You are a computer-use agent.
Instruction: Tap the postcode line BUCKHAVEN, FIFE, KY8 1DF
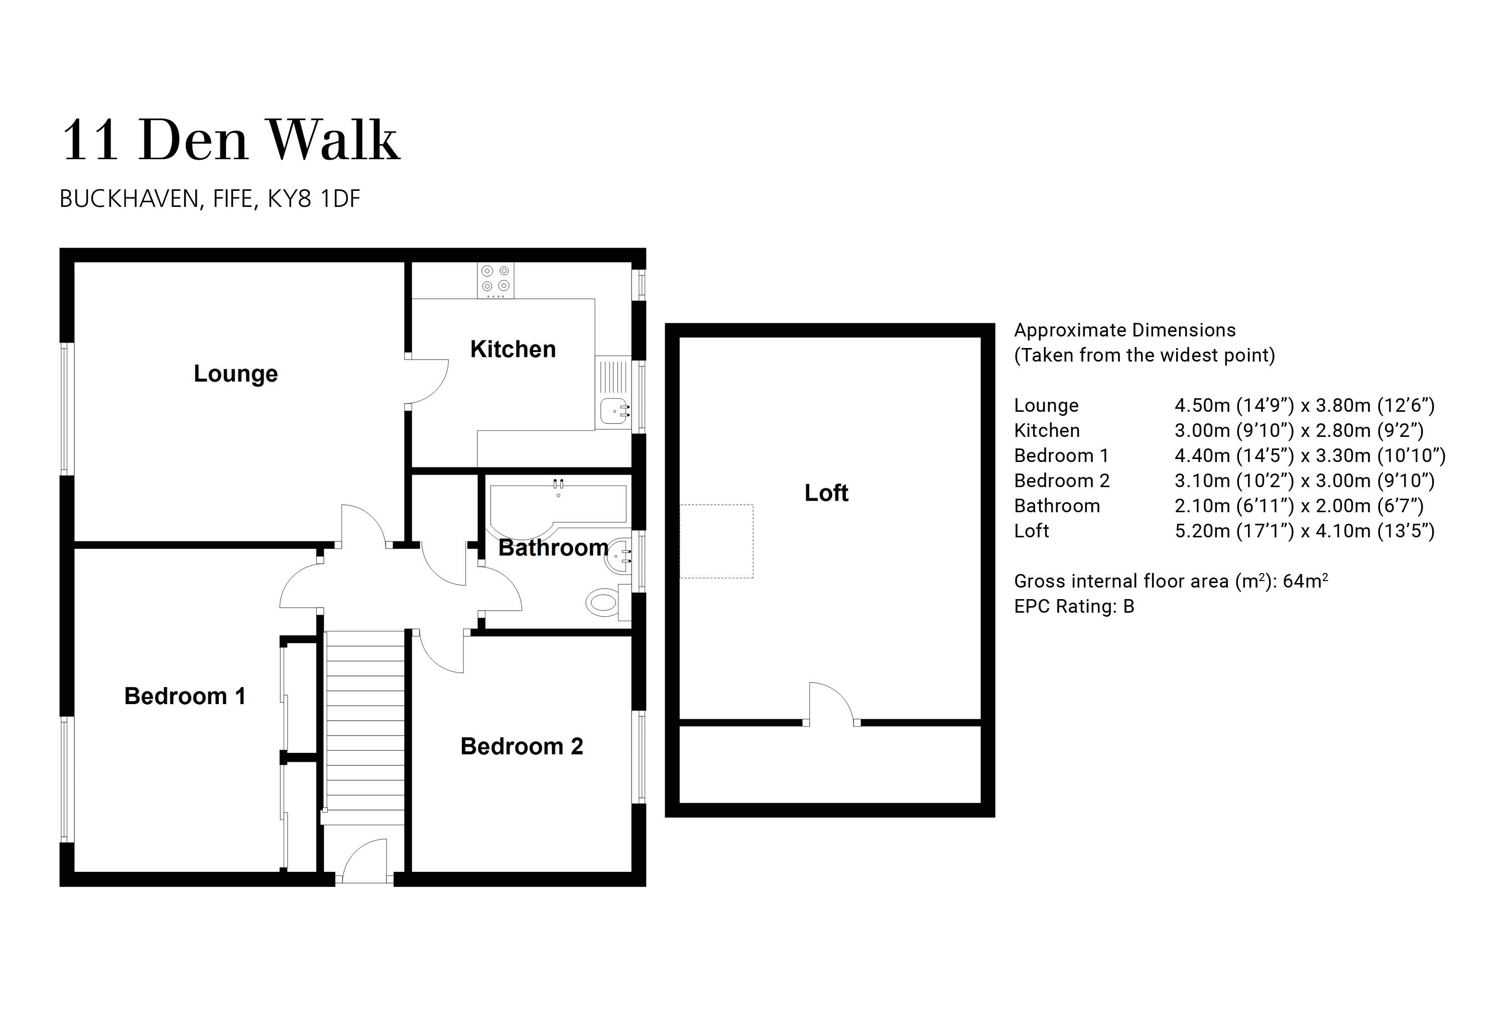coord(209,199)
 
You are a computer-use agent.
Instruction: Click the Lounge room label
coord(236,374)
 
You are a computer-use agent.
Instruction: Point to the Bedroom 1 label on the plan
coord(185,696)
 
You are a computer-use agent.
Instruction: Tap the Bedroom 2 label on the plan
coord(522,746)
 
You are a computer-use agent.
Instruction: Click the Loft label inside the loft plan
coord(826,493)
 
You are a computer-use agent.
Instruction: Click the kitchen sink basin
coord(613,411)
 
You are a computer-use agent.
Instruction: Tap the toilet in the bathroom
coord(603,602)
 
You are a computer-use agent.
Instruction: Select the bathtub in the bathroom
coord(558,506)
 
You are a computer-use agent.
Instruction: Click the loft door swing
coord(831,704)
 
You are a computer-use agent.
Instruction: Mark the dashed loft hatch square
coord(716,541)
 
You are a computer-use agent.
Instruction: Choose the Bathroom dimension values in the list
coord(1299,506)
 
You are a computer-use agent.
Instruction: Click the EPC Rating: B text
coord(1074,606)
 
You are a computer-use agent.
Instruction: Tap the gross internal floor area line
coord(1170,581)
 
